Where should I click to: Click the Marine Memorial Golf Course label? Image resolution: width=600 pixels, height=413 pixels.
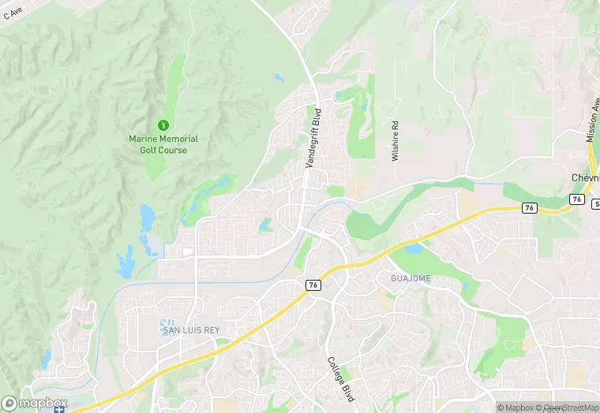pyautogui.click(x=163, y=144)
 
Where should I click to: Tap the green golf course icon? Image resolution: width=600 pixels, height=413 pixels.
pyautogui.click(x=163, y=125)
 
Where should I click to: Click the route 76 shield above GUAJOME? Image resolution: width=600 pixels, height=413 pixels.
pyautogui.click(x=313, y=285)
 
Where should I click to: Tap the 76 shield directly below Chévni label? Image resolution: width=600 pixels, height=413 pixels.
pyautogui.click(x=578, y=199)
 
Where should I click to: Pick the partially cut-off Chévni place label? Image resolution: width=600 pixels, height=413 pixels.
pyautogui.click(x=586, y=178)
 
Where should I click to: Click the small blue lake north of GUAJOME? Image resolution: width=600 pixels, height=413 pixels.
pyautogui.click(x=414, y=250)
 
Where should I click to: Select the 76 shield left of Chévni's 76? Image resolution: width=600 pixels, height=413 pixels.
pyautogui.click(x=529, y=207)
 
